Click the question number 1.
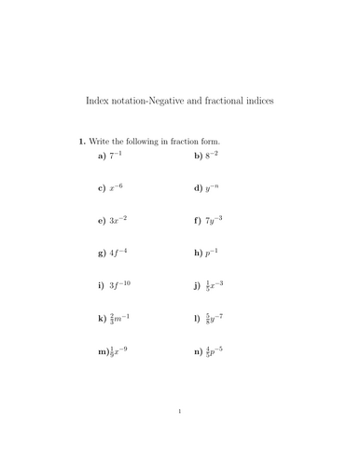click(x=81, y=142)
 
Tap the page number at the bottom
click(x=179, y=435)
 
